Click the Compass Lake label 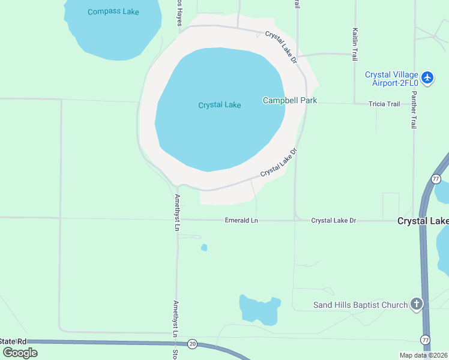pyautogui.click(x=113, y=12)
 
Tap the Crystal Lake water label pyautogui.click(x=220, y=106)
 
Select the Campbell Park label pyautogui.click(x=290, y=101)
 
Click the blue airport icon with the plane pyautogui.click(x=427, y=77)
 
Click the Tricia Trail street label pyautogui.click(x=384, y=104)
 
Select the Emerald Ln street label pyautogui.click(x=241, y=221)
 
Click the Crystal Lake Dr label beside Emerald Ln pyautogui.click(x=333, y=221)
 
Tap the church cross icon pyautogui.click(x=417, y=304)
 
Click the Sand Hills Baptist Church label pyautogui.click(x=360, y=305)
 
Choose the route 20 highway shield pyautogui.click(x=192, y=344)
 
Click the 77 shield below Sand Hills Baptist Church pyautogui.click(x=426, y=340)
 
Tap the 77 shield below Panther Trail pyautogui.click(x=436, y=179)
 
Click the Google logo pyautogui.click(x=20, y=353)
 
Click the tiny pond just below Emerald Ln pyautogui.click(x=204, y=247)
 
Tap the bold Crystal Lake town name pyautogui.click(x=423, y=221)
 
